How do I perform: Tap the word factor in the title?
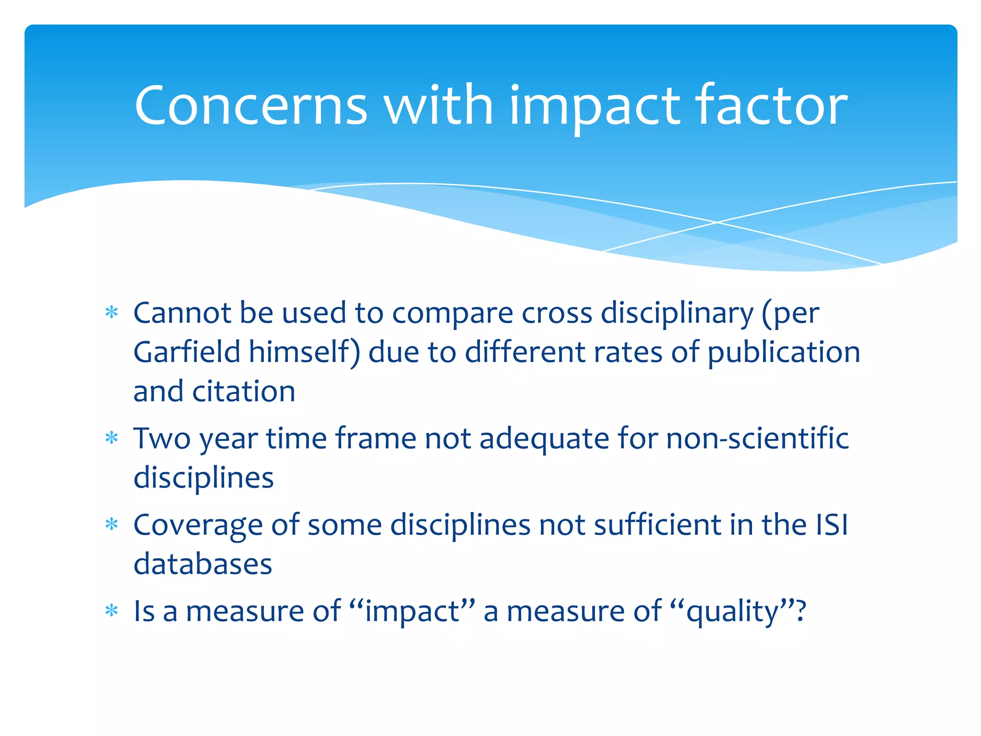tap(771, 105)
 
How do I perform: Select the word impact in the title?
tap(594, 108)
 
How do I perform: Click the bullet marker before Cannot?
tap(112, 313)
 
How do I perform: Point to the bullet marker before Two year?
tap(112, 438)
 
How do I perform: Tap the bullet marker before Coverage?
tap(112, 525)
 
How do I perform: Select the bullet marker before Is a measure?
tap(112, 611)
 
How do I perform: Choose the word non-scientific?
tap(757, 438)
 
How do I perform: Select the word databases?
tap(203, 564)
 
